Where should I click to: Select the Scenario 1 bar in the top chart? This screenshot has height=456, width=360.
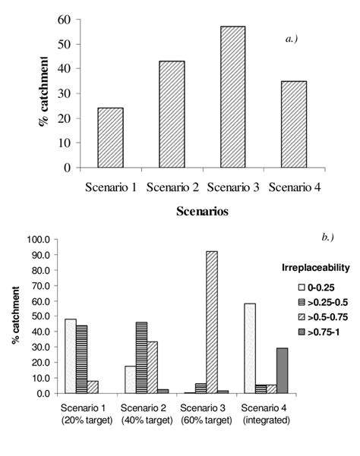point(110,137)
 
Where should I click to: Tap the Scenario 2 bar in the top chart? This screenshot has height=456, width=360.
point(172,114)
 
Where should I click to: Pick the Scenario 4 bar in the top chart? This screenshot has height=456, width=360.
point(295,124)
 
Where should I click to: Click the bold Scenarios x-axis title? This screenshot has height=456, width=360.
point(203,212)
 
